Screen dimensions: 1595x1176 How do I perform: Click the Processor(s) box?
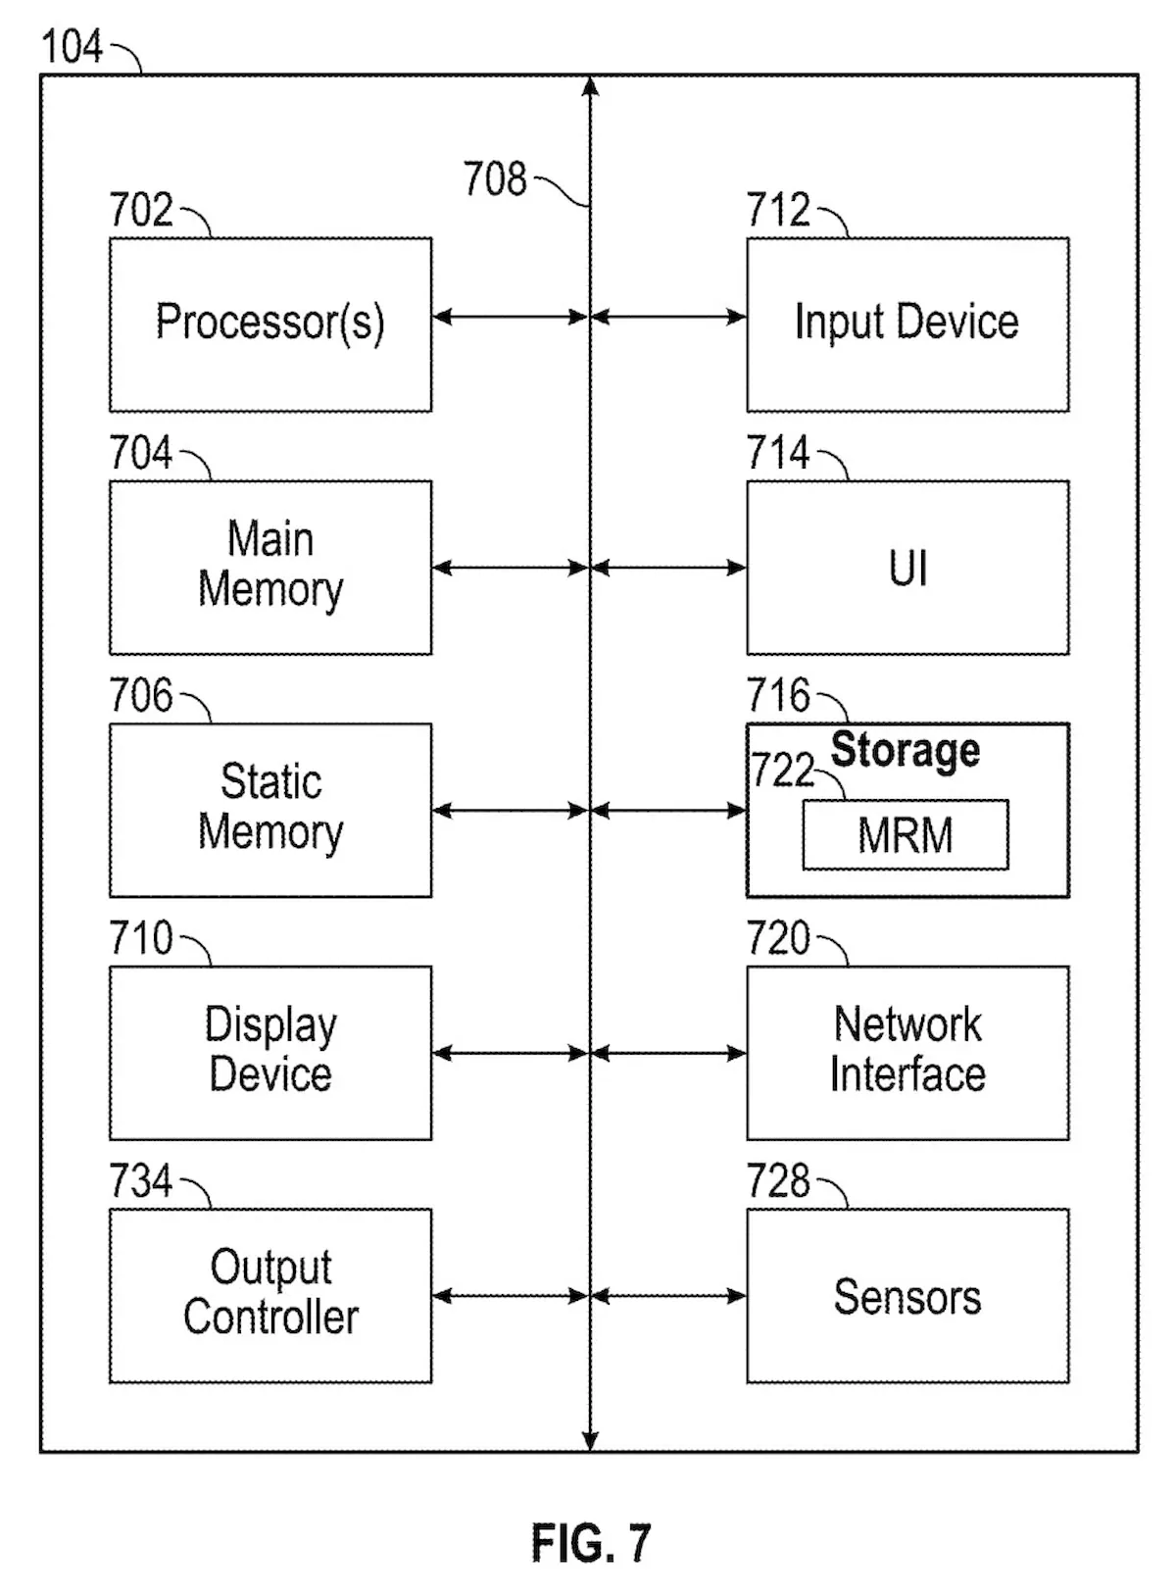(x=270, y=324)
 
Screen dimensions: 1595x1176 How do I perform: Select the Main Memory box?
(x=270, y=567)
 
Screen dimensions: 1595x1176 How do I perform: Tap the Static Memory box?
(x=270, y=810)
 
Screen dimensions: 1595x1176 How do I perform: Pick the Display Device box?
(x=270, y=1052)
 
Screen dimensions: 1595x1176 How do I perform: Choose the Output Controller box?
(x=270, y=1295)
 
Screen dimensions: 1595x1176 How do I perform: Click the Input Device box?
(x=907, y=324)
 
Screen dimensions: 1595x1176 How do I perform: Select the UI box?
(x=907, y=567)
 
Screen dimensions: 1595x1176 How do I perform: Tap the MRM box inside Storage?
(x=906, y=835)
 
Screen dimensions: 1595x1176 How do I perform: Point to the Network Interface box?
(x=907, y=1052)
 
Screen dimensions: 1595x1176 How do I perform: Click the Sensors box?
(x=907, y=1295)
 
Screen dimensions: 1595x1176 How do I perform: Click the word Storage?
(x=906, y=751)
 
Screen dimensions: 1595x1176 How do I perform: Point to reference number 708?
(x=495, y=179)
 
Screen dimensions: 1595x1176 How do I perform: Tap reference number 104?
(x=72, y=47)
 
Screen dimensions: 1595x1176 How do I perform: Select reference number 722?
(x=782, y=771)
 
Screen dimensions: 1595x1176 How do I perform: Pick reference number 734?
(x=141, y=1181)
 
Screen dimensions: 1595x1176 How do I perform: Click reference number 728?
(x=778, y=1181)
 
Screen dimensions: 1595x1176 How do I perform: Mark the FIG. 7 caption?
(x=591, y=1543)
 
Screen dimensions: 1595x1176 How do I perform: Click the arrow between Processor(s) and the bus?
(x=510, y=317)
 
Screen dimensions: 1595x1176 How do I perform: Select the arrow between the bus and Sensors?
(x=668, y=1296)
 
